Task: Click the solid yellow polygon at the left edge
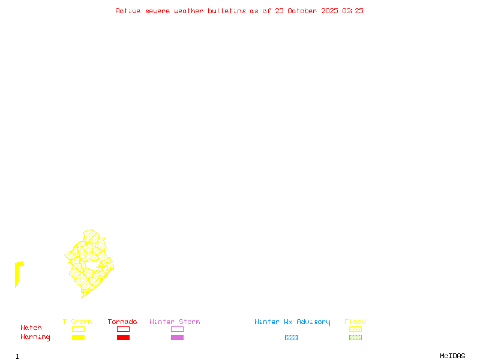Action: pyautogui.click(x=18, y=273)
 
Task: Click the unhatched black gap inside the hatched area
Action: pyautogui.click(x=91, y=265)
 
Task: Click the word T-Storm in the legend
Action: pyautogui.click(x=77, y=322)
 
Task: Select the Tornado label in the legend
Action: pyautogui.click(x=122, y=322)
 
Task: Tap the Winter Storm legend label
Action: pyautogui.click(x=175, y=322)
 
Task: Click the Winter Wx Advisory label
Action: pyautogui.click(x=292, y=322)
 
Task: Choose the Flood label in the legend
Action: pyautogui.click(x=355, y=322)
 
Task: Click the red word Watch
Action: pyautogui.click(x=31, y=328)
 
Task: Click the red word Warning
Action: pyautogui.click(x=35, y=337)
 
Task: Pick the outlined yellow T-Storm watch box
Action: pyautogui.click(x=78, y=329)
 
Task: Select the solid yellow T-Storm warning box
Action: pyautogui.click(x=78, y=338)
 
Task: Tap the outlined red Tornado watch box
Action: pyautogui.click(x=123, y=329)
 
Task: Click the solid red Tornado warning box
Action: pyautogui.click(x=123, y=338)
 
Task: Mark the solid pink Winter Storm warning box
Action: pyautogui.click(x=177, y=338)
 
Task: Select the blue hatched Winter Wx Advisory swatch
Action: pyautogui.click(x=291, y=338)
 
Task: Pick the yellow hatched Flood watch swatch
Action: pyautogui.click(x=355, y=329)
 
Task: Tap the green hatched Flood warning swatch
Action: pyautogui.click(x=355, y=338)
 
